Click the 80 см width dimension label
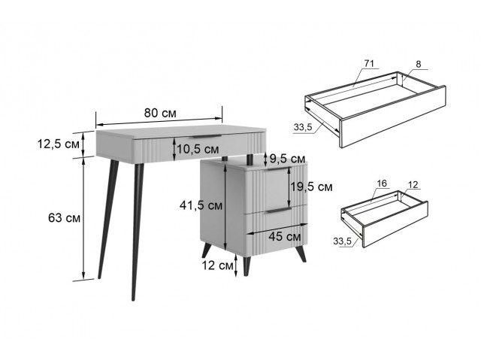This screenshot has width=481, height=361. pyautogui.click(x=160, y=113)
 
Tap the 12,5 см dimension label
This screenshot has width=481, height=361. pyautogui.click(x=59, y=144)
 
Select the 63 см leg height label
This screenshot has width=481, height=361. pyautogui.click(x=64, y=218)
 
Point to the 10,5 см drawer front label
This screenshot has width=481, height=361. pyautogui.click(x=198, y=149)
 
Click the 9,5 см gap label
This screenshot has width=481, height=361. pyautogui.click(x=287, y=159)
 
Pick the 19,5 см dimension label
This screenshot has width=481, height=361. pyautogui.click(x=311, y=187)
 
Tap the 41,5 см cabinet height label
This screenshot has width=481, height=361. pyautogui.click(x=201, y=205)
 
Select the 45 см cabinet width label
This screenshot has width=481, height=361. pyautogui.click(x=285, y=237)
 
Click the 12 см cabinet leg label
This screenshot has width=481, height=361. pyautogui.click(x=217, y=265)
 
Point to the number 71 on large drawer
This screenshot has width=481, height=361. pyautogui.click(x=369, y=63)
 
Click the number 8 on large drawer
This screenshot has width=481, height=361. pyautogui.click(x=419, y=64)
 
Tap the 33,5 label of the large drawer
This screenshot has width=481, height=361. pyautogui.click(x=303, y=127)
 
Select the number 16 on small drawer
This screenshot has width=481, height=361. pyautogui.click(x=382, y=184)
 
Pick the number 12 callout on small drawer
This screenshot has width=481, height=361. pyautogui.click(x=413, y=185)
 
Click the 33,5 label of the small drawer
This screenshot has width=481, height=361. pyautogui.click(x=343, y=241)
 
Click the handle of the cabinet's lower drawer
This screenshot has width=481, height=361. pyautogui.click(x=278, y=211)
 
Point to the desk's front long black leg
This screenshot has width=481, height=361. pyautogui.click(x=137, y=232)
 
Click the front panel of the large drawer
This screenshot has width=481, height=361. pyautogui.click(x=394, y=117)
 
